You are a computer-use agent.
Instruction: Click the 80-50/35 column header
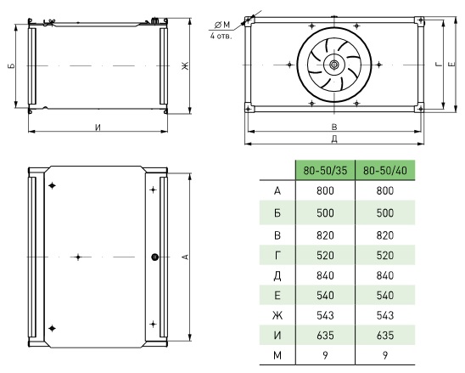[325, 171]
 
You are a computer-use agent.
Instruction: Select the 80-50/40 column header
[385, 171]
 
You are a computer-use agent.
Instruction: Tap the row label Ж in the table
[277, 315]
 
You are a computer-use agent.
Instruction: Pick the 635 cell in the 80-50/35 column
[325, 336]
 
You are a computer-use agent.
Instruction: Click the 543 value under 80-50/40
[385, 315]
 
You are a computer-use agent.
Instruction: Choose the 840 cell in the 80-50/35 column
[325, 275]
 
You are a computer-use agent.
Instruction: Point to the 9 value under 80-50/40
[385, 355]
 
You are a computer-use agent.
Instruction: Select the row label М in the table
[277, 355]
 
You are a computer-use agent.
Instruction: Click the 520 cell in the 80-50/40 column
[385, 255]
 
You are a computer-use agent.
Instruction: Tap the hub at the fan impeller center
[334, 65]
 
